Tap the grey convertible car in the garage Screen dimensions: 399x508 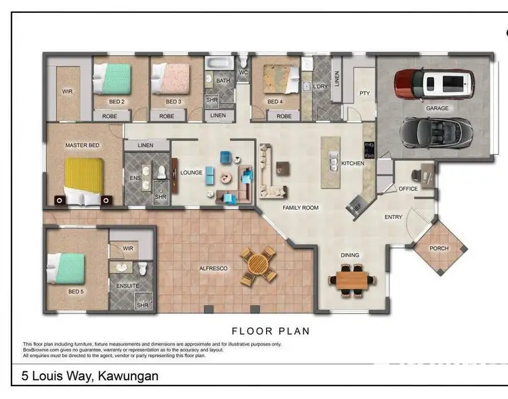(x=436, y=131)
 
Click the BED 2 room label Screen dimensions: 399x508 (x=117, y=101)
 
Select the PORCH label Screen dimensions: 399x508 (x=439, y=248)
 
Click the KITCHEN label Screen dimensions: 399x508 (x=352, y=163)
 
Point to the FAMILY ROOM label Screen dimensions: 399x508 (x=300, y=208)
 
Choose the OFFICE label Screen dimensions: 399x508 (x=408, y=189)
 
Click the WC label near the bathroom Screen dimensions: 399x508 (x=243, y=72)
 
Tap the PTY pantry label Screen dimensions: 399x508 (x=364, y=93)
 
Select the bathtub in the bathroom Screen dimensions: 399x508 (x=218, y=65)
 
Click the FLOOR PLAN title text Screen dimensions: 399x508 (x=270, y=331)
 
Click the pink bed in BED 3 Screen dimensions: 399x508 (x=170, y=78)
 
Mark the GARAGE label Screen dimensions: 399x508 (x=437, y=108)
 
